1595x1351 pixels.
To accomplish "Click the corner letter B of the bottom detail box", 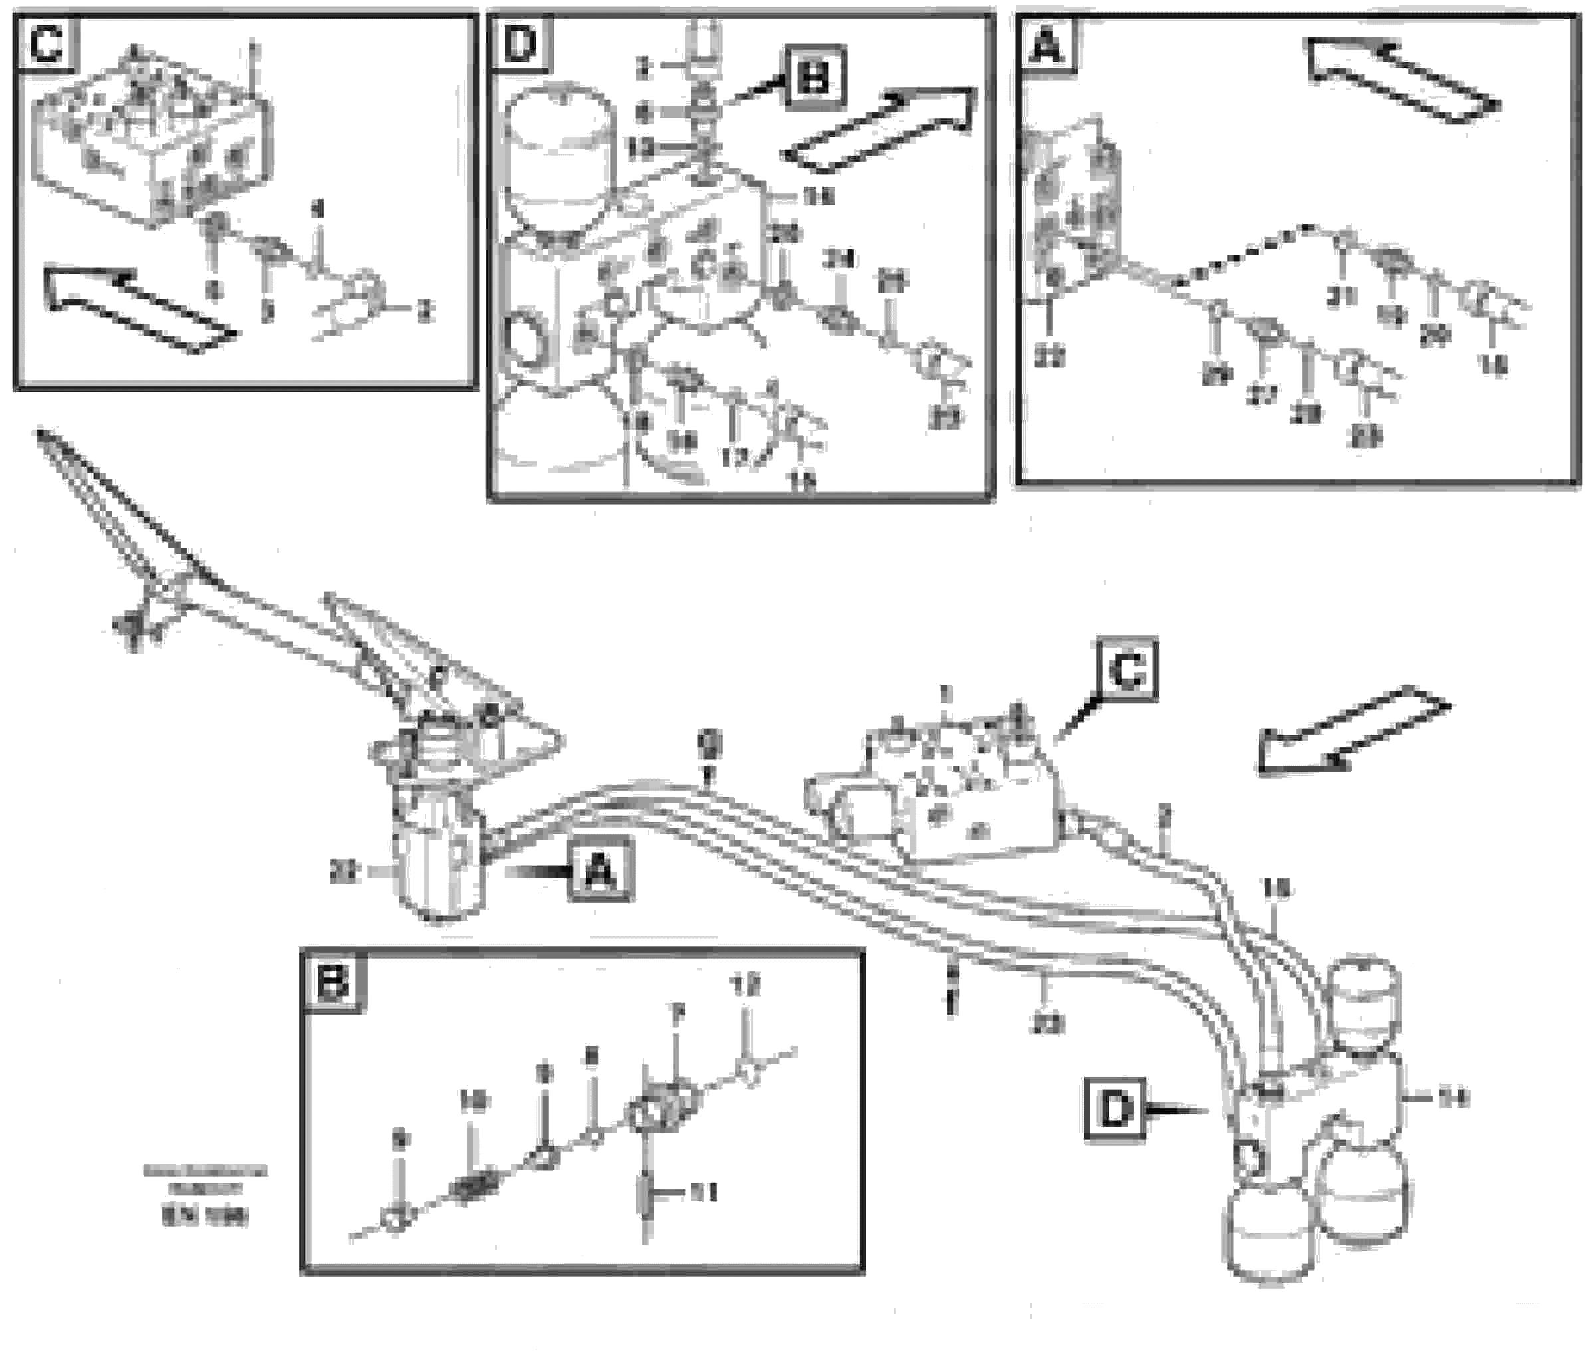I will coord(333,982).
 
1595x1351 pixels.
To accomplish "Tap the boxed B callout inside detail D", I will coord(813,76).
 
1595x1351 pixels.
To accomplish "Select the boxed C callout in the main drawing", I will coord(1127,670).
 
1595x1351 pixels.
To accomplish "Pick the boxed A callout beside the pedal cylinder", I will coord(601,871).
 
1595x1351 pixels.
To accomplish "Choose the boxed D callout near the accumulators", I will coord(1115,1109).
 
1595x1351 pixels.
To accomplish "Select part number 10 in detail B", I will coord(473,1101).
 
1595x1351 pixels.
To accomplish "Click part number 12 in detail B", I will coord(745,985).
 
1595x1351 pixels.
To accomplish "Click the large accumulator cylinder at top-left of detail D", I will coord(559,161).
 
